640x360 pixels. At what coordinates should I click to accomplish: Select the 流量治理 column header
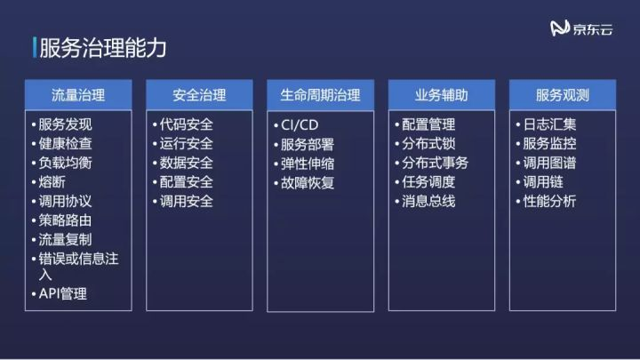(x=78, y=94)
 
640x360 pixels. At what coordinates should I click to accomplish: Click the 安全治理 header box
(x=199, y=94)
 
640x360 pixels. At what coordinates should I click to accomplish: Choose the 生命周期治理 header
(x=320, y=94)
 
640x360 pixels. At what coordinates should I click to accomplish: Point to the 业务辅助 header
(x=441, y=94)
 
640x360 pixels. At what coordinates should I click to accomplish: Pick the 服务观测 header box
(x=562, y=94)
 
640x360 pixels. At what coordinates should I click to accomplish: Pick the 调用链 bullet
(x=542, y=182)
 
